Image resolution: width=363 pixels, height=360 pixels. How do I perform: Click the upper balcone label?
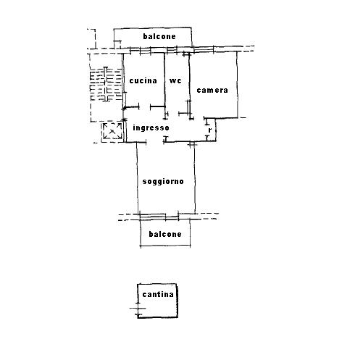[159, 36]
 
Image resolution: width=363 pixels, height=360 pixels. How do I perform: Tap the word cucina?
[143, 80]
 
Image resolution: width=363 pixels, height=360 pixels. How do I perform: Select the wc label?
[175, 80]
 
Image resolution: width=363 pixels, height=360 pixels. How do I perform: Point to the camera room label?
[212, 91]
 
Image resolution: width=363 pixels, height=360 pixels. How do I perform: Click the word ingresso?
[151, 127]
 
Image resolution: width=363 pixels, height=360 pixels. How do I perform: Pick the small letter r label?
[210, 130]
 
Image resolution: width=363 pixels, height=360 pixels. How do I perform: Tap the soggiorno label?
[163, 182]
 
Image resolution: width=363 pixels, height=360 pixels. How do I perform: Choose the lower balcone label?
[165, 234]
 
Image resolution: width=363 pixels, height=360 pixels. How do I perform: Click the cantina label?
[158, 294]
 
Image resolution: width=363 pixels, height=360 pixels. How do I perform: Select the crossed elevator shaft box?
[112, 131]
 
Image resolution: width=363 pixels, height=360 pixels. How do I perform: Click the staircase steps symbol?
[106, 84]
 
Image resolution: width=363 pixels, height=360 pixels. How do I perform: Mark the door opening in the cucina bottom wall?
[145, 106]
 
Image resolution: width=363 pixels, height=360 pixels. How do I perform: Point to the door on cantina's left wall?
[138, 309]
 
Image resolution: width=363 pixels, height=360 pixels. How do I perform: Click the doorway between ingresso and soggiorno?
[155, 142]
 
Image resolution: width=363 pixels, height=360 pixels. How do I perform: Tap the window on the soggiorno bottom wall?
[159, 217]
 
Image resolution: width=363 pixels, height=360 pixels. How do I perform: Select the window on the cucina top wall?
[141, 50]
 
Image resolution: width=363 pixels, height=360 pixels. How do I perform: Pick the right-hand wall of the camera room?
[237, 85]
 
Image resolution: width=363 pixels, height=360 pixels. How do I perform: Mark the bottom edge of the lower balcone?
[165, 246]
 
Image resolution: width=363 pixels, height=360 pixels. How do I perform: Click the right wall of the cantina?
[178, 301]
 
